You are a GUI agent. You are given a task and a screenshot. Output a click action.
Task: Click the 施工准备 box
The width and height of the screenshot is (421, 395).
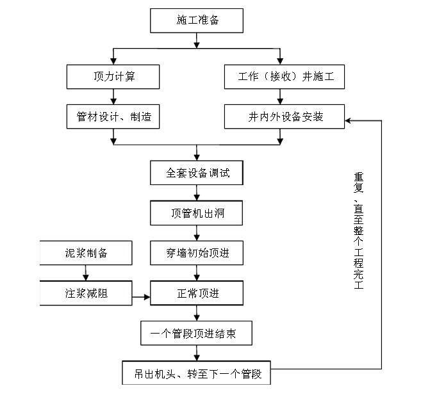coord(197,20)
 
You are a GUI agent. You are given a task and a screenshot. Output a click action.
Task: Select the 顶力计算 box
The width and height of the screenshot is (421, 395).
coord(113,77)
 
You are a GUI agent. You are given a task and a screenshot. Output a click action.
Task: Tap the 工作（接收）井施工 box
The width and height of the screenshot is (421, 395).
coord(285,77)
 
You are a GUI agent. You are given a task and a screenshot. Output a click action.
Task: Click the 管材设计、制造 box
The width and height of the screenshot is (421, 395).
coord(113,117)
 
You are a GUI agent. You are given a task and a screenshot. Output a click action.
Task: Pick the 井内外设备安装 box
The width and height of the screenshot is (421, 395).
coord(285,117)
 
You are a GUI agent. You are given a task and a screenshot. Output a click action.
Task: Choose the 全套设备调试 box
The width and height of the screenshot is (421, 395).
coord(197,173)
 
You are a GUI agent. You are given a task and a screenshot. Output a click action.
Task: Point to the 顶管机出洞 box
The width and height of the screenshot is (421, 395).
coord(197,213)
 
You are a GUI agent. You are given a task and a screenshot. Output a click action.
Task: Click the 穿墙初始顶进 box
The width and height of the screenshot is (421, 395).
coord(197,253)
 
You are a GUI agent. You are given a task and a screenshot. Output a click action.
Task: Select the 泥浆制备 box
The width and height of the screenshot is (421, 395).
coord(86,253)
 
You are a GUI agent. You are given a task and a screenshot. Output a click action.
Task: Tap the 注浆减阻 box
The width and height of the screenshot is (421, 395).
coord(86,293)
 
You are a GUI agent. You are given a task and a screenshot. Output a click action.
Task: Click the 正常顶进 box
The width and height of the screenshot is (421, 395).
coord(197,293)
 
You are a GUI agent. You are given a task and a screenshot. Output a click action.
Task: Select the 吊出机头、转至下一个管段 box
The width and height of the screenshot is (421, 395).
coord(197,372)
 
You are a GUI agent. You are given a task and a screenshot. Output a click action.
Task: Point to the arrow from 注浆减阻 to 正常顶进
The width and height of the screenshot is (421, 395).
coord(141,297)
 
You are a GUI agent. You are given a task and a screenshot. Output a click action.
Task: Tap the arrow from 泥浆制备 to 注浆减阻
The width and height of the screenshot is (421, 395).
coord(86,273)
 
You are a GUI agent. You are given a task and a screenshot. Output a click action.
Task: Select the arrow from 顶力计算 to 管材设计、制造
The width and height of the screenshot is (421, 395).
coord(113,97)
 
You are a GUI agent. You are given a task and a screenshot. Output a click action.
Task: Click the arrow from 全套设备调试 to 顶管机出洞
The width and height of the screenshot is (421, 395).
coord(197,193)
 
